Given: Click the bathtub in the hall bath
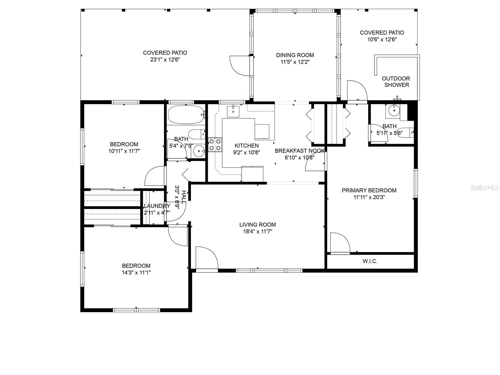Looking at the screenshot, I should coord(186,115).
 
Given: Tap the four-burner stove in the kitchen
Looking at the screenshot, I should coord(215,145).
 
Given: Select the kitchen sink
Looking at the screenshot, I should coord(233,111).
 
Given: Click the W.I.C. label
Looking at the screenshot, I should coord(370,261).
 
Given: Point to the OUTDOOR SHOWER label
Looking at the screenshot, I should coord(396,82).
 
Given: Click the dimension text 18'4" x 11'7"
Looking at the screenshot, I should coord(257,232).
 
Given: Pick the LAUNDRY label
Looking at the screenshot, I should coord(157,206).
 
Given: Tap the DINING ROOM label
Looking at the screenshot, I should coord(295,55).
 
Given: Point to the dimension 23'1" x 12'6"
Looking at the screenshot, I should coord(165,60).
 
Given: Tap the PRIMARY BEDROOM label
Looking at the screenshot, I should coord(369,190).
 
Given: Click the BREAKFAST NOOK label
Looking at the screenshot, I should coord(299,151).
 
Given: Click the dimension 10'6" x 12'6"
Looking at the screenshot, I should coord(382,39).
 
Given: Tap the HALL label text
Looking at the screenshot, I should coord(184,197).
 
